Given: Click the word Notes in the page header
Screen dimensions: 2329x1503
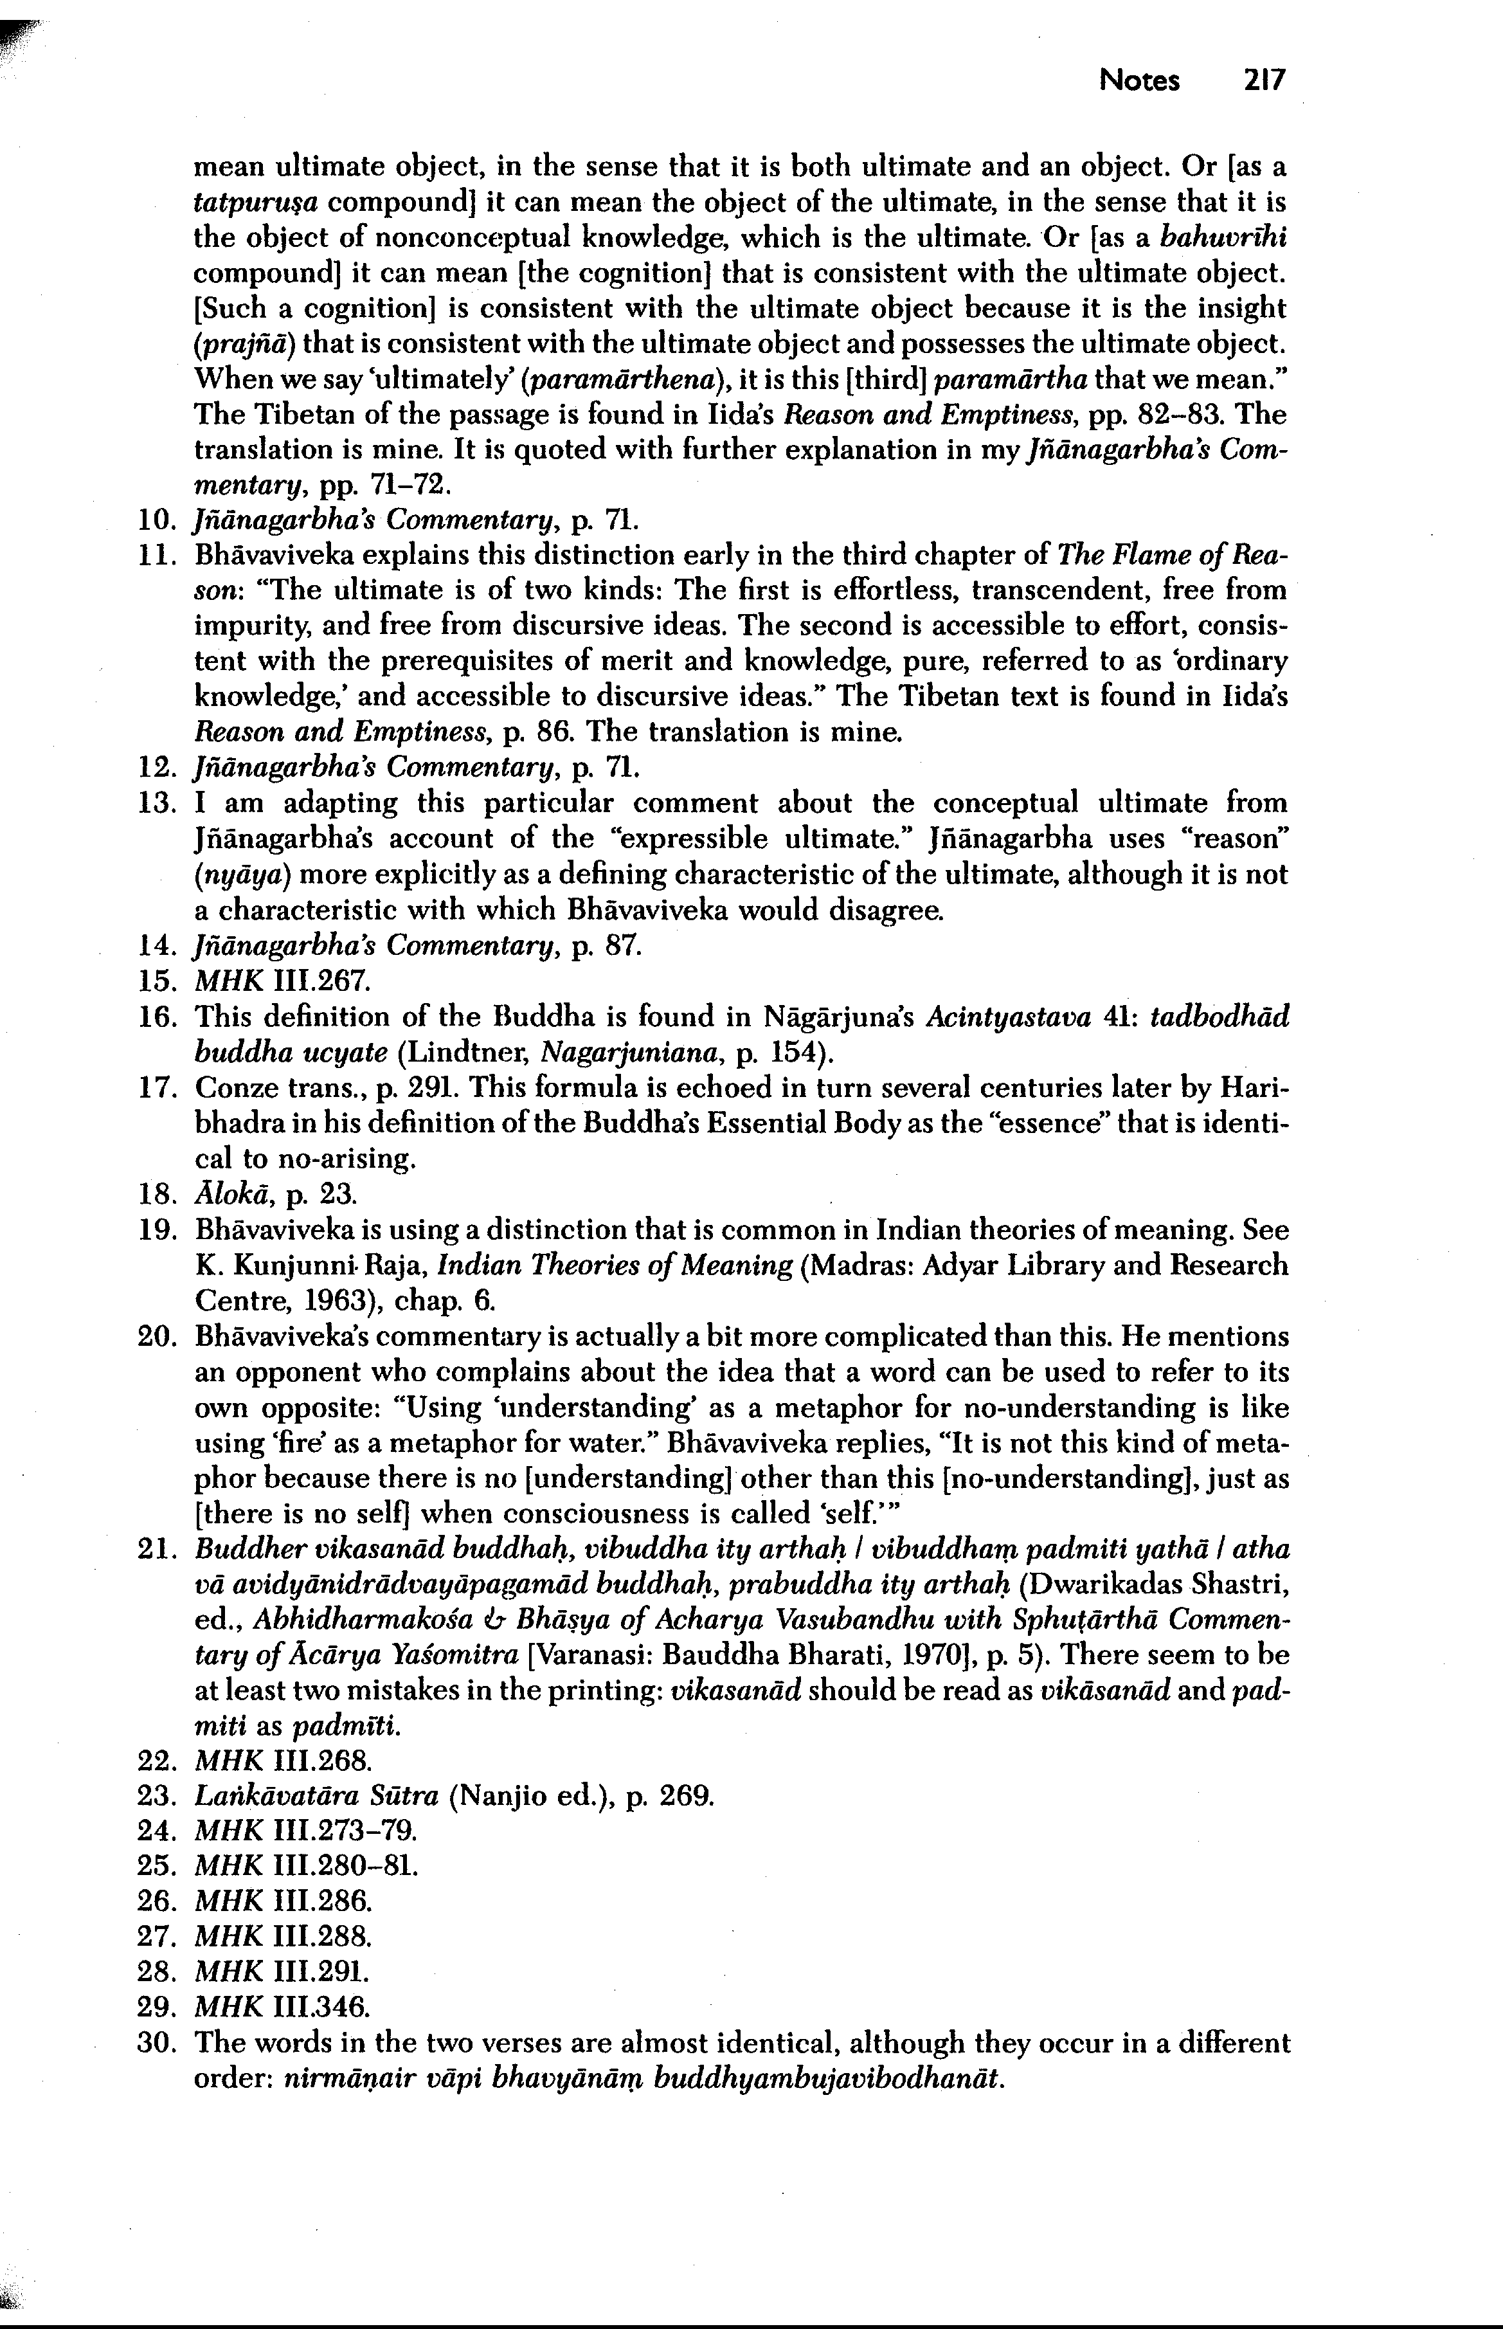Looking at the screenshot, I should point(1139,80).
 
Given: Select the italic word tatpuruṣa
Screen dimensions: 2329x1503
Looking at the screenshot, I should point(256,204).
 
